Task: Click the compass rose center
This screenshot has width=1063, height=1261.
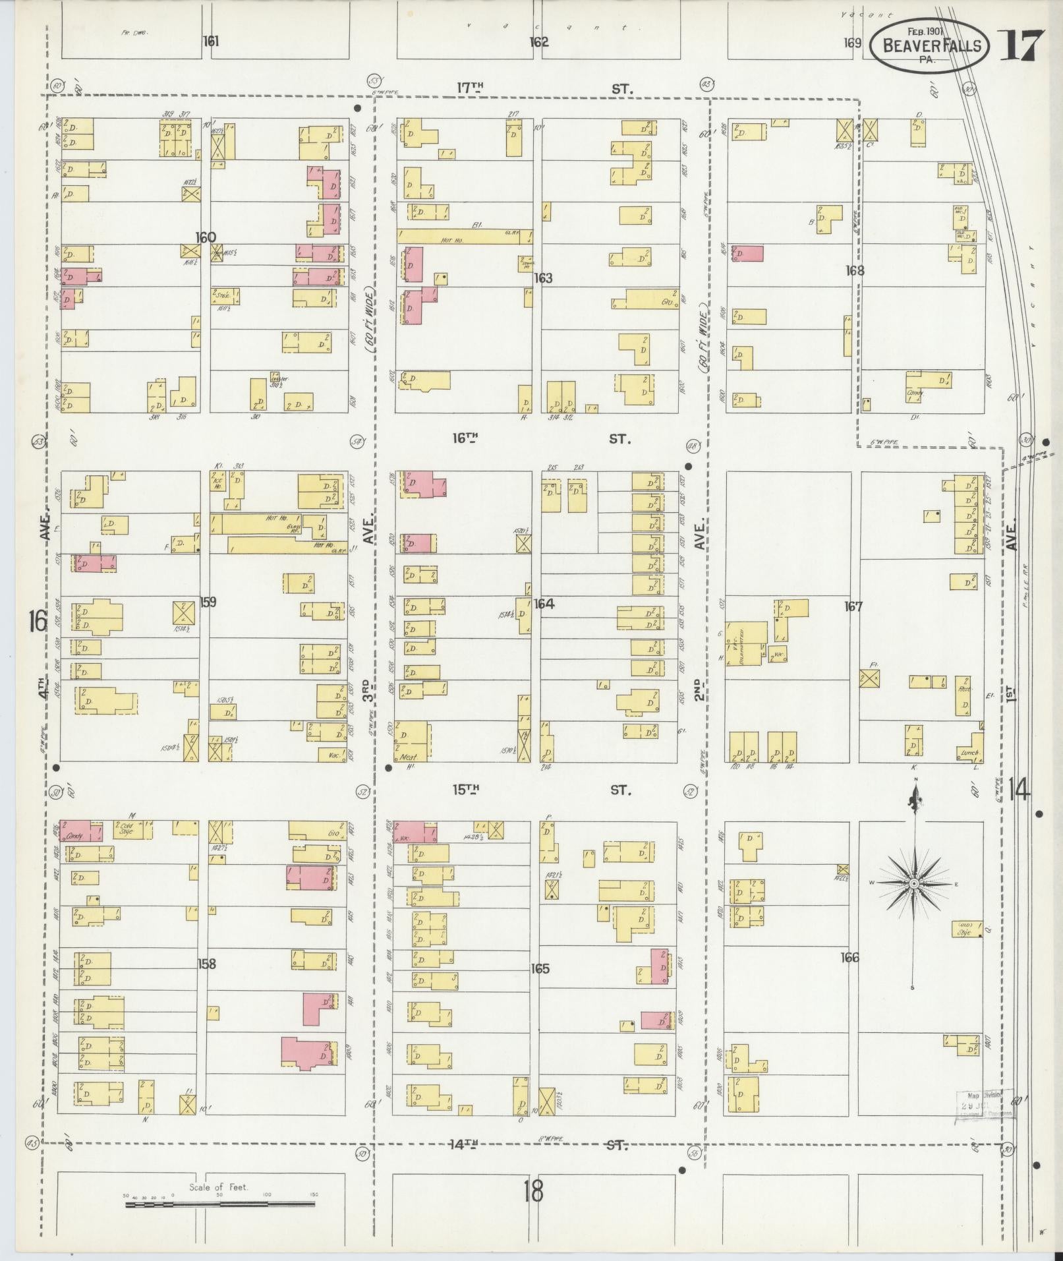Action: pos(915,883)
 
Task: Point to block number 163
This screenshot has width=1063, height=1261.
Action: pos(543,278)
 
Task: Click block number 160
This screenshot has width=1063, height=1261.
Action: pos(206,237)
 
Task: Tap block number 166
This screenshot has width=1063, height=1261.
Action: pos(849,957)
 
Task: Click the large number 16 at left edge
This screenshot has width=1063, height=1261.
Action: pos(38,620)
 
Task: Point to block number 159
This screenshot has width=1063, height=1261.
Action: pos(208,602)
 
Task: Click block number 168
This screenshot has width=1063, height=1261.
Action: pos(855,270)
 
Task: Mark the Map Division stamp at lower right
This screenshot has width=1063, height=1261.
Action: pos(984,1105)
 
